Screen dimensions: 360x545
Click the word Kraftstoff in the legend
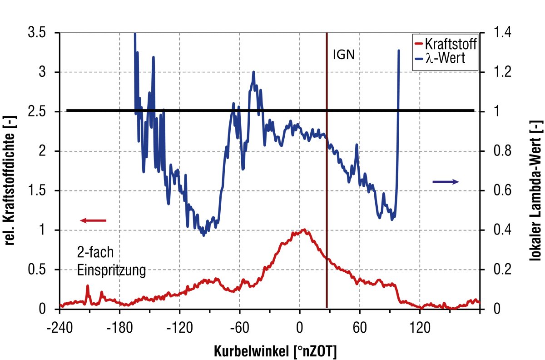(451, 45)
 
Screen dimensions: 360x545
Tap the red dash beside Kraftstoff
(418, 45)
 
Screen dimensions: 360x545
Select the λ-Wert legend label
(445, 59)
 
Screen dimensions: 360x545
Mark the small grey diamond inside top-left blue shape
(145, 71)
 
